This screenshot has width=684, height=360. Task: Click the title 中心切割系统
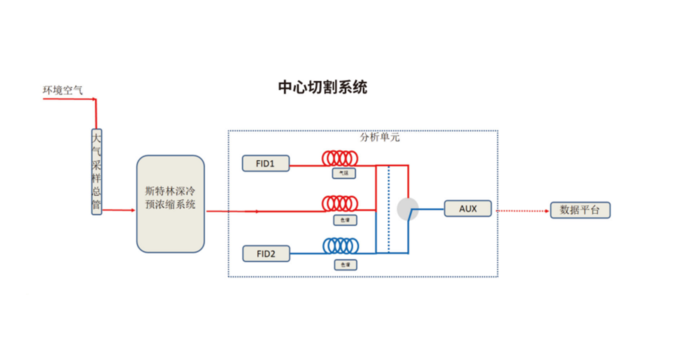(323, 87)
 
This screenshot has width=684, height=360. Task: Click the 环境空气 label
(63, 90)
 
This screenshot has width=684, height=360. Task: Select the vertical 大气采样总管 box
(97, 172)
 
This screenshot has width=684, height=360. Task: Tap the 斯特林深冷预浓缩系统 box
(170, 204)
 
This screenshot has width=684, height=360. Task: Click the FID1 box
(265, 163)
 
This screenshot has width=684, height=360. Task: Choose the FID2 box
(266, 254)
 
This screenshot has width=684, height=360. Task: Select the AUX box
(468, 209)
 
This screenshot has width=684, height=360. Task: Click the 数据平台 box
(580, 210)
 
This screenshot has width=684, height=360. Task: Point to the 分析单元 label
(380, 137)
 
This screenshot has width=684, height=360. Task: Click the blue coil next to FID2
(341, 246)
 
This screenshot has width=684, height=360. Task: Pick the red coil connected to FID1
(340, 158)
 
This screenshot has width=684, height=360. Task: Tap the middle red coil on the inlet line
(340, 203)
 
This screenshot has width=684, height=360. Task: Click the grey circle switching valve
(407, 209)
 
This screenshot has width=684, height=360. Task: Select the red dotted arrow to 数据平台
(521, 210)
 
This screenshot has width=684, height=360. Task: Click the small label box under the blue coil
(345, 265)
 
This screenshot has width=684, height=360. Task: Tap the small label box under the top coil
(344, 173)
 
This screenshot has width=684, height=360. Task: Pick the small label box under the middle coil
(345, 220)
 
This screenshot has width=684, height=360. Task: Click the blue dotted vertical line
(389, 210)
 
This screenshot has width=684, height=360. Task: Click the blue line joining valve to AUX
(430, 209)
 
